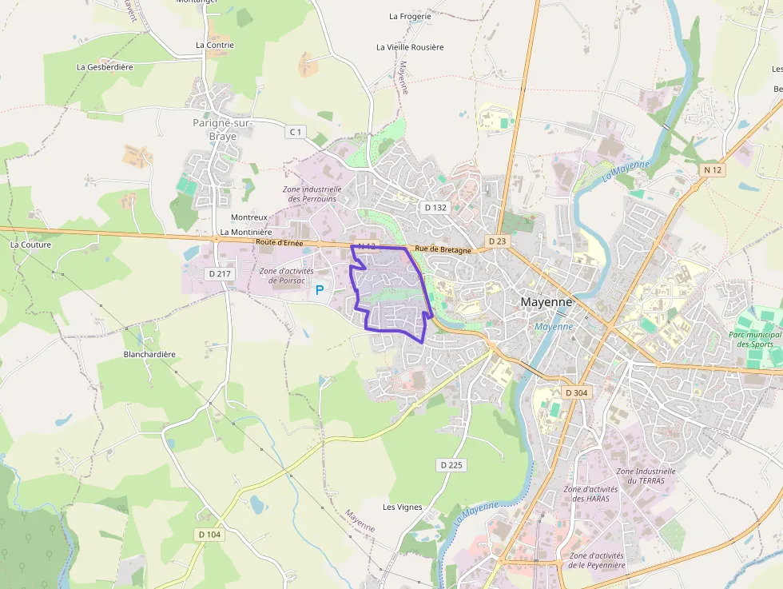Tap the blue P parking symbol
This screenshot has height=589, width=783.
click(320, 291)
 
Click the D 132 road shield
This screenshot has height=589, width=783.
click(435, 207)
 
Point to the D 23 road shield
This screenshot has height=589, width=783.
click(497, 241)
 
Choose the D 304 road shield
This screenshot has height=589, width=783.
click(575, 392)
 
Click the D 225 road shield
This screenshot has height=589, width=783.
click(451, 464)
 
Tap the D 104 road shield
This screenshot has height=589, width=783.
click(209, 534)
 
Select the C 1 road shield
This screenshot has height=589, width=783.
click(296, 131)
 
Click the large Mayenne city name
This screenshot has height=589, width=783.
click(547, 303)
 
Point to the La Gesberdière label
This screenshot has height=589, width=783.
click(105, 67)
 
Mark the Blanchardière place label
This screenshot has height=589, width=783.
click(149, 354)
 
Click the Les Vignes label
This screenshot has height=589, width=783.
click(402, 507)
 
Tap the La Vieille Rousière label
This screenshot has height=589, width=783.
click(410, 47)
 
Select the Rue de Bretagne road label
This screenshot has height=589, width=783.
click(443, 250)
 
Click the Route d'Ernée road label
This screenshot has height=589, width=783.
click(280, 241)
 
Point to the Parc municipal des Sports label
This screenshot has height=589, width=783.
click(755, 340)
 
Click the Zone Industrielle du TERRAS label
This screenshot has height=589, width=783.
click(646, 476)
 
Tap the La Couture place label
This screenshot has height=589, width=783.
click(30, 245)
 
